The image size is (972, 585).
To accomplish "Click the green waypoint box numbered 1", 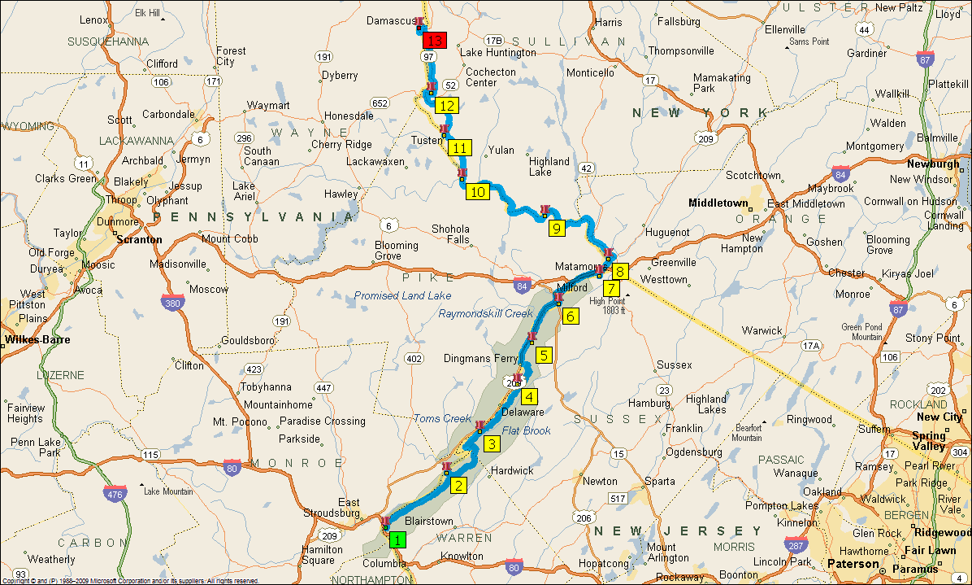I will tap(397, 538).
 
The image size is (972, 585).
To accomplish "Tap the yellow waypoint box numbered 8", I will tap(620, 272).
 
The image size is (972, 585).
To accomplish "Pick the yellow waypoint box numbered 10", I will tap(477, 192).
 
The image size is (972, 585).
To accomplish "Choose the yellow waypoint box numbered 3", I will tap(491, 443).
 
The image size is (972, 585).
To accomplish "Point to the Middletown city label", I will tap(718, 203).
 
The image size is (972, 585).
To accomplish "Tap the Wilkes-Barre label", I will tap(37, 339).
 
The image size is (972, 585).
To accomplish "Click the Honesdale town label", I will tap(349, 116).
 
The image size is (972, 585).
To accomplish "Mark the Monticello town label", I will tap(590, 73).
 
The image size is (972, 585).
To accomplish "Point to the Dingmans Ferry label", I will tap(481, 358).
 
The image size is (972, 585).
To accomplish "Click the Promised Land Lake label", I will tap(402, 296).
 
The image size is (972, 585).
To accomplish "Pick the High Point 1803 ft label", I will tap(614, 306).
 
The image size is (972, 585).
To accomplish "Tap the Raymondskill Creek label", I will tap(486, 313).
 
